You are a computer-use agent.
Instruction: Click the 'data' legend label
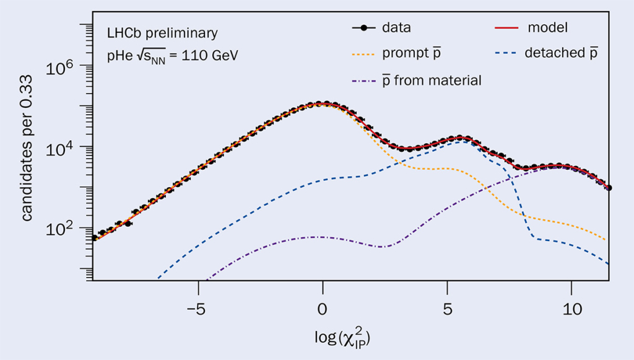coord(396,28)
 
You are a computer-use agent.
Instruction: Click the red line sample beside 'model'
coord(507,28)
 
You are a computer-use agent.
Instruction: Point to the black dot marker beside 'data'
coord(365,28)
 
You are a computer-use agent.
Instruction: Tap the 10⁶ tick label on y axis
coord(63,68)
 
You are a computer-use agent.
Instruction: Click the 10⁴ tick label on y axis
coord(63,147)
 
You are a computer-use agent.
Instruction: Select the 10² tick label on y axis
coord(63,228)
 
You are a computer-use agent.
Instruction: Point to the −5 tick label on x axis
coord(197,309)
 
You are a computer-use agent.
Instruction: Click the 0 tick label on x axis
coord(322,309)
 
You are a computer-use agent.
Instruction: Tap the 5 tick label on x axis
coord(446,309)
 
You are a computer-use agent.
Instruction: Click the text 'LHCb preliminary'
coord(162,33)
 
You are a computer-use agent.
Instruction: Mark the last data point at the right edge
coord(609,188)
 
